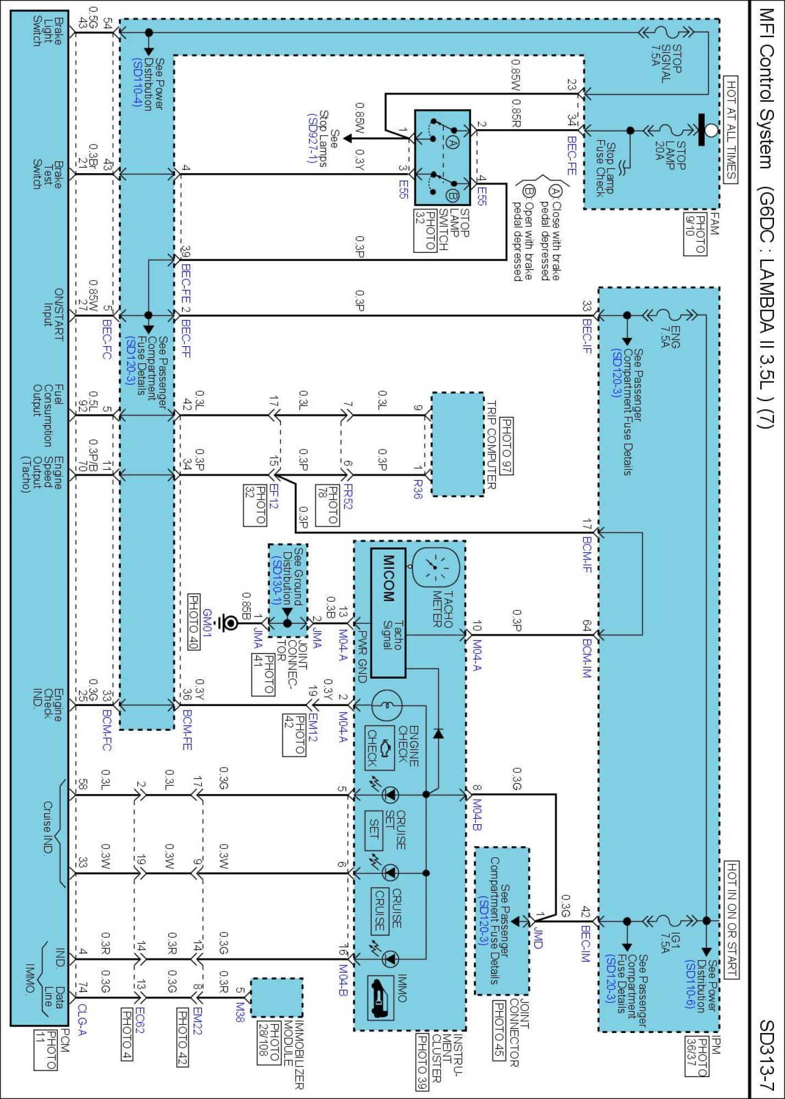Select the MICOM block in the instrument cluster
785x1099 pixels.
point(388,613)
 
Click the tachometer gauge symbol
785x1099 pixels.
point(435,567)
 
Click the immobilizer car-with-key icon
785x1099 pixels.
point(381,998)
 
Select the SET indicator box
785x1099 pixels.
point(374,828)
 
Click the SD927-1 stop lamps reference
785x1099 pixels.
point(312,138)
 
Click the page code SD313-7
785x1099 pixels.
point(766,1055)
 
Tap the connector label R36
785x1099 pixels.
point(418,489)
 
